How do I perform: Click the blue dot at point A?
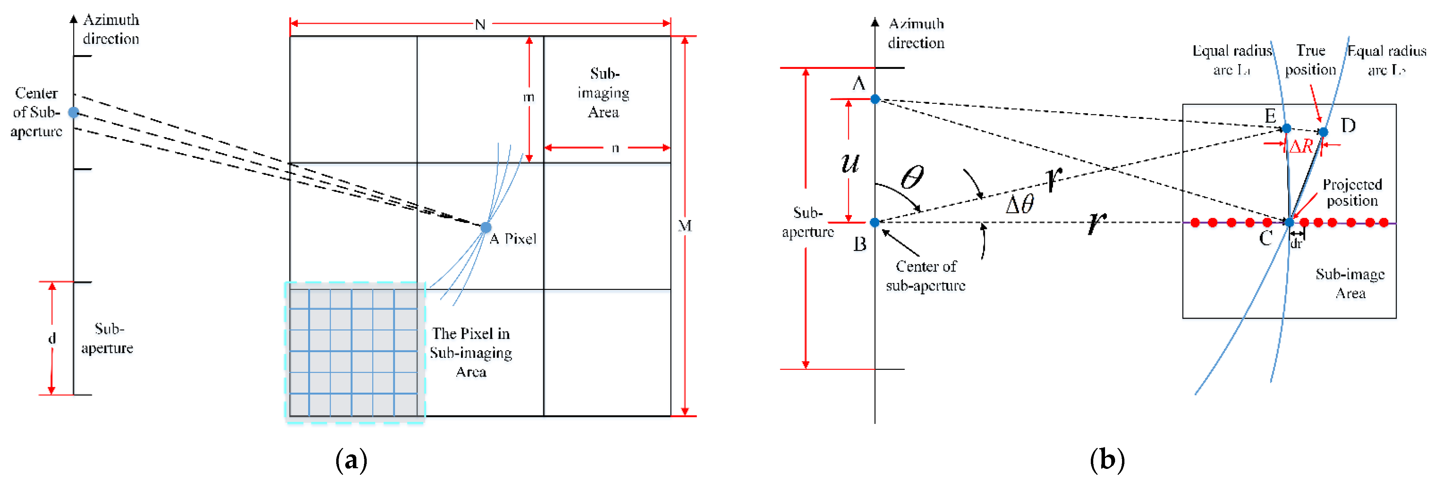click(x=875, y=99)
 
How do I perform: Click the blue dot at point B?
click(x=875, y=222)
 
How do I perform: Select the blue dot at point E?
click(x=1286, y=128)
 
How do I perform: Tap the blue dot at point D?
click(x=1323, y=132)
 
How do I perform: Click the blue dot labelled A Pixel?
click(x=486, y=227)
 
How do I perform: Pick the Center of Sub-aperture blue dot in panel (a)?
click(x=73, y=113)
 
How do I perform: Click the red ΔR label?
click(x=1301, y=146)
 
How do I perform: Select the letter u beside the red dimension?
click(x=850, y=163)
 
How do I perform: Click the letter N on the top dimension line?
click(x=480, y=25)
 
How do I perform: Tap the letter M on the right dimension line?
click(x=685, y=225)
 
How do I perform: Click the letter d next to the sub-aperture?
click(x=52, y=338)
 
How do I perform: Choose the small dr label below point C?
click(x=1296, y=243)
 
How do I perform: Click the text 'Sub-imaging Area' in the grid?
click(x=604, y=93)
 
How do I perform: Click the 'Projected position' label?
click(x=1352, y=192)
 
